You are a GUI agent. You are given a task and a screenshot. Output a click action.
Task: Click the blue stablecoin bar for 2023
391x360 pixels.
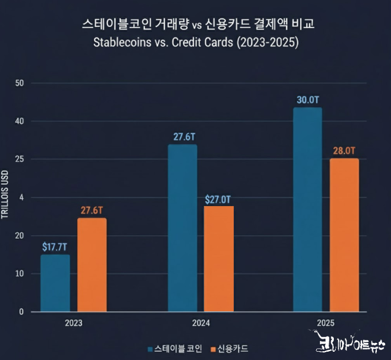[55, 283]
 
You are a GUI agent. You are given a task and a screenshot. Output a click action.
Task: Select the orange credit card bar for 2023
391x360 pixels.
[92, 265]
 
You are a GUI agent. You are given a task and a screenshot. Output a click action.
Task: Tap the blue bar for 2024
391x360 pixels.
[182, 228]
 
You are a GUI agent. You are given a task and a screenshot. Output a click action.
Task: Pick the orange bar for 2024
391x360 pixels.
[219, 259]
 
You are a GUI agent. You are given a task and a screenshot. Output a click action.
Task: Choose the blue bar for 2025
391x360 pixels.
[307, 210]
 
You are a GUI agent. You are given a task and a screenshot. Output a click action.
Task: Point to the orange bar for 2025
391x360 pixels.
[344, 235]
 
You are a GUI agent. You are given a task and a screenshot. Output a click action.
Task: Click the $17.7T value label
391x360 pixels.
[55, 247]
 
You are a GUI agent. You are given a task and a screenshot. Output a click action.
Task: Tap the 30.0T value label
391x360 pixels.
[307, 101]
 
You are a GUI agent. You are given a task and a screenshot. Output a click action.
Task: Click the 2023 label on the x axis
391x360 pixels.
[73, 323]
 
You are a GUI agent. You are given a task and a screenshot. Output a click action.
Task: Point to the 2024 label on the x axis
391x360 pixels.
[201, 323]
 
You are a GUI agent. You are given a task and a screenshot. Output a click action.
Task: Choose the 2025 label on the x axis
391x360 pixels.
[326, 323]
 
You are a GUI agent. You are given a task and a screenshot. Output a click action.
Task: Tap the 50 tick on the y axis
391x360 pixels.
[20, 83]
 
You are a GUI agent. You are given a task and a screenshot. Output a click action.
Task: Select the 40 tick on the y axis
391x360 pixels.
[20, 121]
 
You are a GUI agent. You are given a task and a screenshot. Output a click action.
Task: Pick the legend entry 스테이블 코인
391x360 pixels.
[174, 349]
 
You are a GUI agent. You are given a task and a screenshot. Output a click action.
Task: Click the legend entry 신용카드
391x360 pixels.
[229, 349]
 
